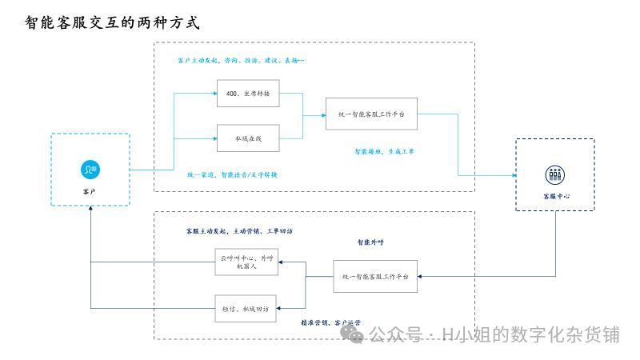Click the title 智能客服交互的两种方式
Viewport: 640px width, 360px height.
[112, 23]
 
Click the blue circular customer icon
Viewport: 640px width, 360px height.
[90, 169]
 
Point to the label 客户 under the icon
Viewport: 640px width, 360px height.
[90, 192]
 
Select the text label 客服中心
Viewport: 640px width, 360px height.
[555, 196]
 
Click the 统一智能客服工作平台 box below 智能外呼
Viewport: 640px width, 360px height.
[375, 276]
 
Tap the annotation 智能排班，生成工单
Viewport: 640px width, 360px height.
[385, 150]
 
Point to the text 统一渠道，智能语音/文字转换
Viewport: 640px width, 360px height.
[233, 174]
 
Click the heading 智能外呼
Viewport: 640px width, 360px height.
[371, 241]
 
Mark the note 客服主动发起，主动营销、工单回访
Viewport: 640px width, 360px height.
[238, 230]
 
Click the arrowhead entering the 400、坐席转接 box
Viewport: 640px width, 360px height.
[214, 94]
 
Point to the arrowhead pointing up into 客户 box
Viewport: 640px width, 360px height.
[90, 208]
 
